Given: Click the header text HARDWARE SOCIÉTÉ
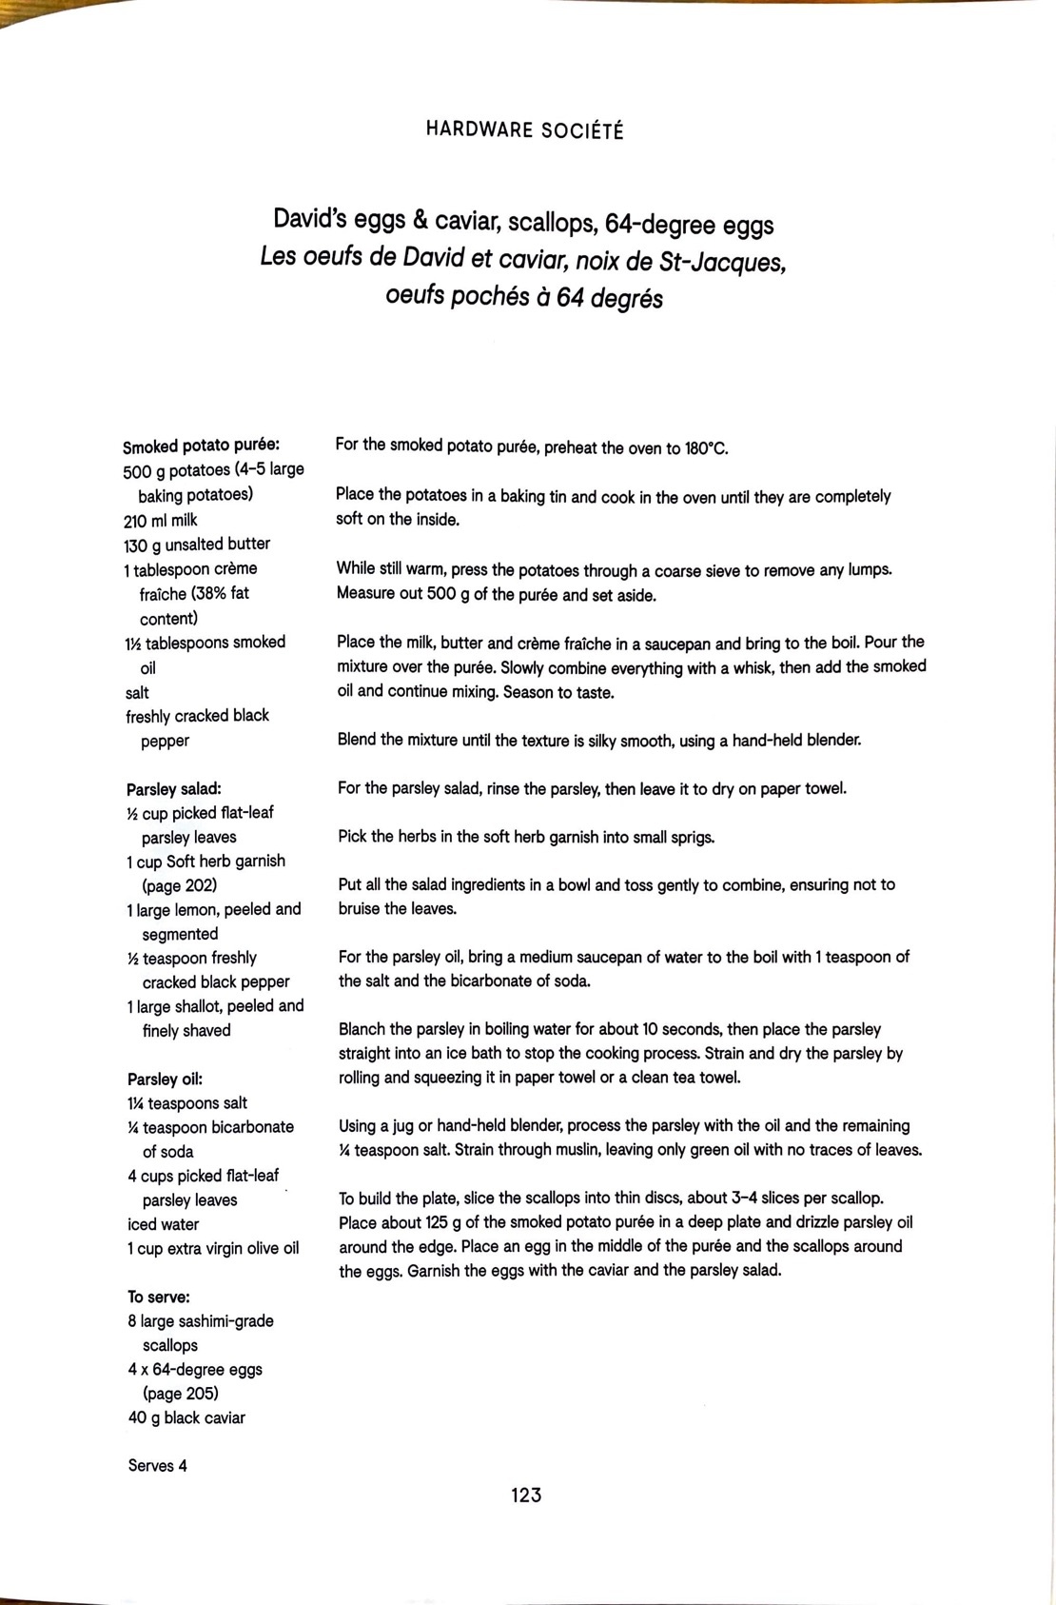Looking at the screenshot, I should [524, 130].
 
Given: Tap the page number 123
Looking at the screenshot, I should [525, 1495].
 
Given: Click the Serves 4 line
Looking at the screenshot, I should [158, 1465].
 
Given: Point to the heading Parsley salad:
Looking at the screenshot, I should [174, 788].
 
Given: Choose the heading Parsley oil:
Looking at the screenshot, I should [166, 1079].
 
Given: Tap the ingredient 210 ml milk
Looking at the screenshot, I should [161, 520].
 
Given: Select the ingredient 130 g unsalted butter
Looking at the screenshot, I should [197, 544].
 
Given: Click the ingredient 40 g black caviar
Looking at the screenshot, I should [186, 1417].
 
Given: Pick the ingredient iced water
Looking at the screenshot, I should [164, 1223].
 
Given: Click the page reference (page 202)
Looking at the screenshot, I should [180, 884].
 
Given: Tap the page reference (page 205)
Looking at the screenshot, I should [181, 1393].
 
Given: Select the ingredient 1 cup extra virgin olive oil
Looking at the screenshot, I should [213, 1248].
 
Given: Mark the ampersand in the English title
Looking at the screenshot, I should [419, 224].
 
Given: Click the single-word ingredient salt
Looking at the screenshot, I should [138, 692].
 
